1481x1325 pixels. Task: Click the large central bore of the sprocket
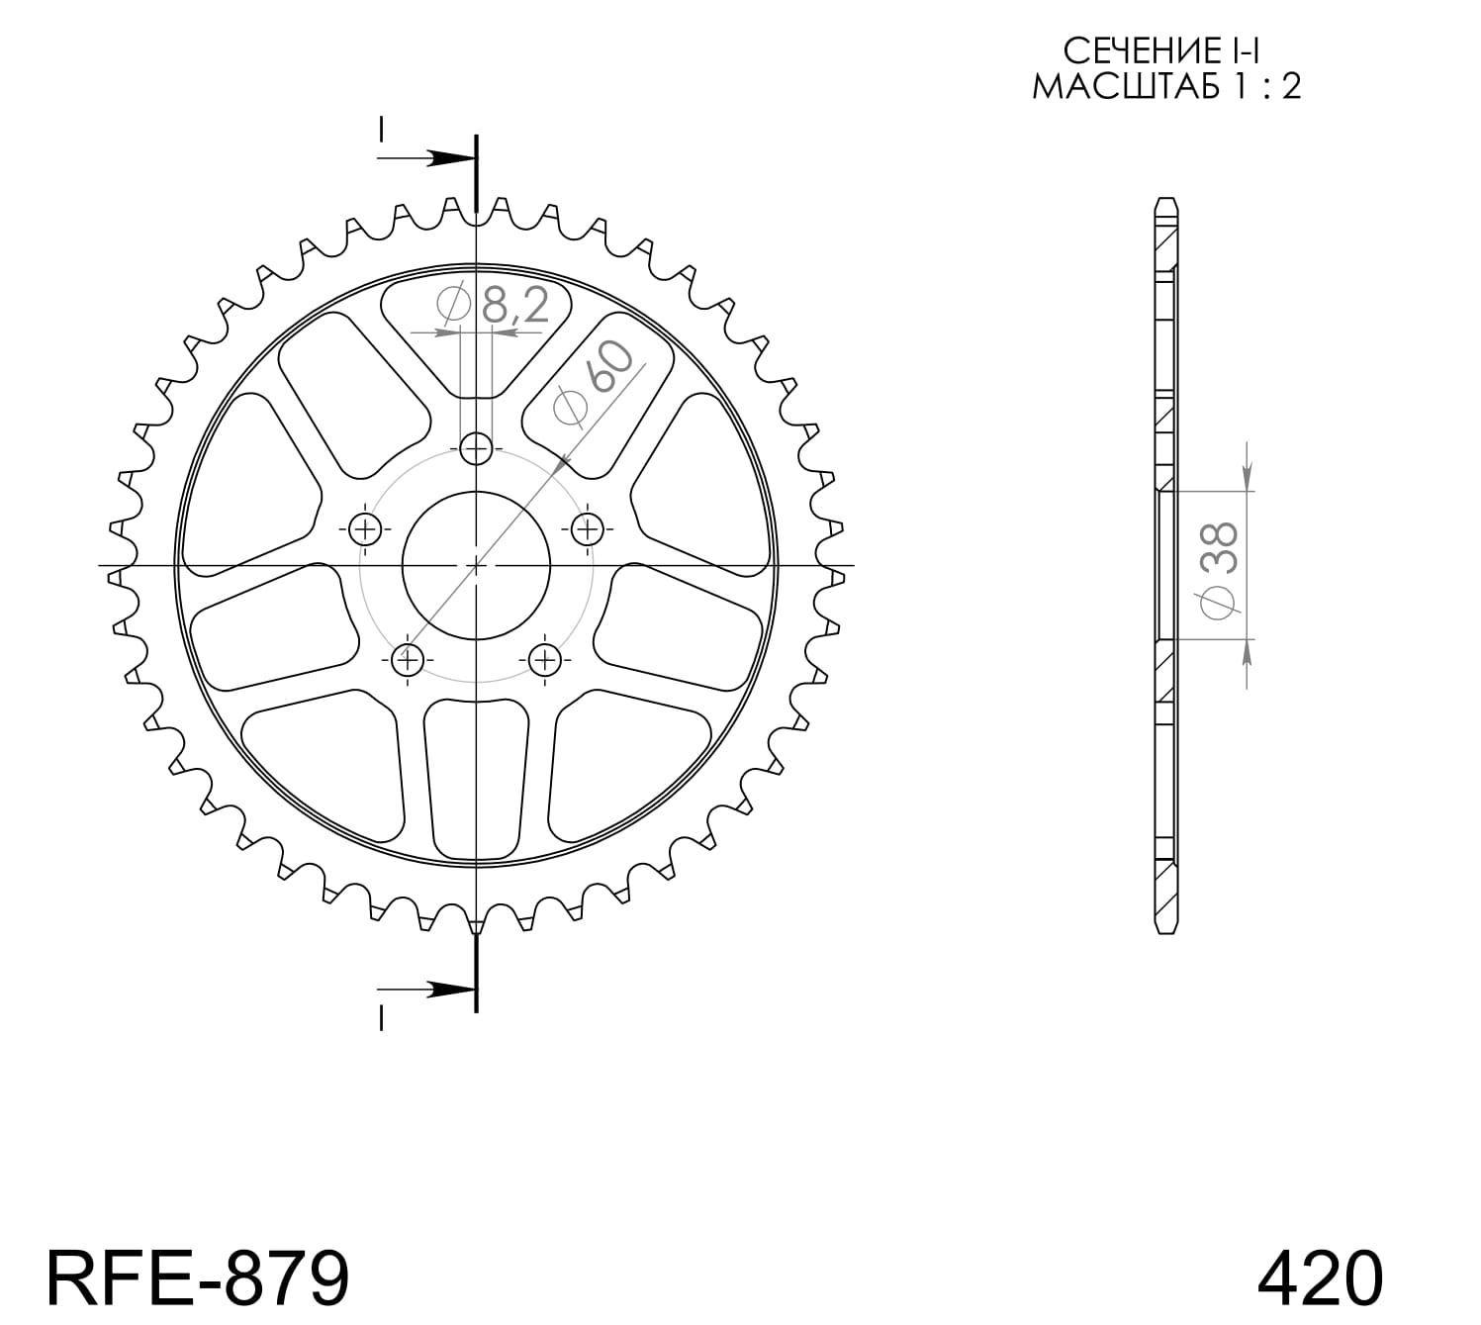[476, 565]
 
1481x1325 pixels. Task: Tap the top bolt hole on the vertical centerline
[476, 449]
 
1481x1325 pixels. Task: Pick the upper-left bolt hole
[366, 529]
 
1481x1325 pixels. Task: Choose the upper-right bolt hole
[588, 528]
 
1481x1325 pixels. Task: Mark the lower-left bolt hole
[408, 659]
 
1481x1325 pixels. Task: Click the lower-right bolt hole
[544, 659]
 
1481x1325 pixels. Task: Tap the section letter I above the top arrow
[381, 129]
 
